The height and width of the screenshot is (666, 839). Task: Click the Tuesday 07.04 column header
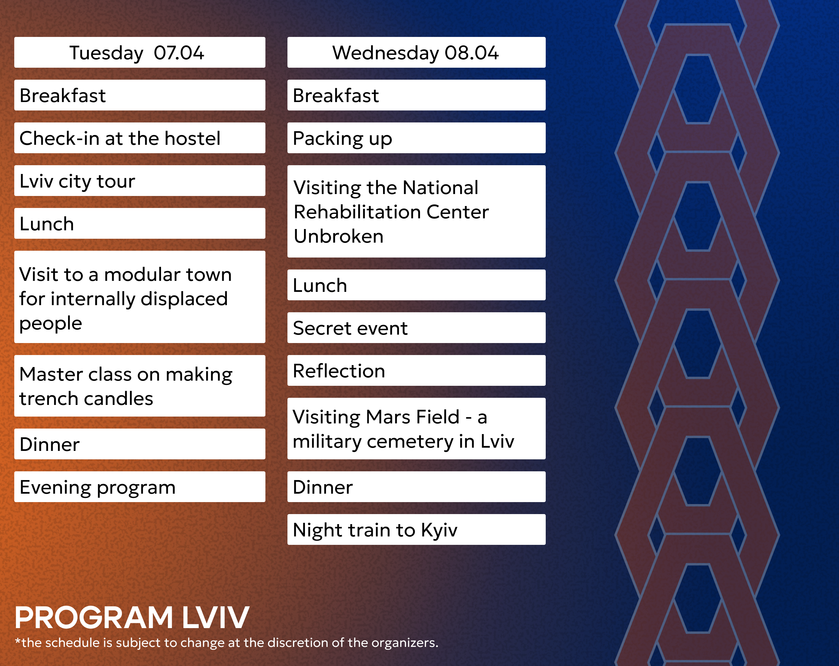coord(140,52)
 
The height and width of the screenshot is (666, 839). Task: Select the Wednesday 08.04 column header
coord(416,52)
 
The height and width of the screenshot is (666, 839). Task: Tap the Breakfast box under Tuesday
coord(140,95)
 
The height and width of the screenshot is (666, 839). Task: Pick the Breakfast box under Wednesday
coord(416,95)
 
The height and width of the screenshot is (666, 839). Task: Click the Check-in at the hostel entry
coord(140,138)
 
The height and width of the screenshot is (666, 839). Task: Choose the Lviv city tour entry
coord(140,181)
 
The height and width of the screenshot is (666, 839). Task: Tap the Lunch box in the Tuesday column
coord(140,224)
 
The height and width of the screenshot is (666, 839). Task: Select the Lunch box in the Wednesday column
coord(416,285)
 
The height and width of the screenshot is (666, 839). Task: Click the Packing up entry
coord(416,138)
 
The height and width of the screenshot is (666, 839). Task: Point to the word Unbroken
coord(339,236)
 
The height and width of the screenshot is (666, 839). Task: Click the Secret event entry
coord(416,328)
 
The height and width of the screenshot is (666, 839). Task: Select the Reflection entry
coord(416,371)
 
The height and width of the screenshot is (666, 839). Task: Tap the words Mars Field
coord(413,417)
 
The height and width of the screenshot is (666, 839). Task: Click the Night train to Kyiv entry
coord(416,529)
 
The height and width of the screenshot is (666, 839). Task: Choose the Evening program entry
coord(140,487)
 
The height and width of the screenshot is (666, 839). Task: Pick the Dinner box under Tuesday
coord(140,444)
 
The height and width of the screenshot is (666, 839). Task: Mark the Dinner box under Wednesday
coord(416,487)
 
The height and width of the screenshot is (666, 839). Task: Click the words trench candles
coord(87,399)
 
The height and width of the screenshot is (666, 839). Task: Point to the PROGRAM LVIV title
coord(132,618)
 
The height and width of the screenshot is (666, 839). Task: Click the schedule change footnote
coord(227,643)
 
